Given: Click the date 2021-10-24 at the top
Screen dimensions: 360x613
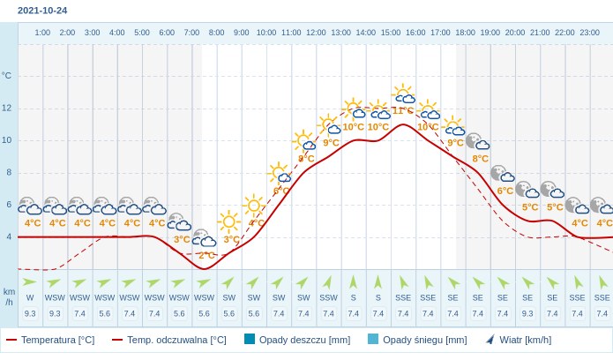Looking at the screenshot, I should tap(42, 11).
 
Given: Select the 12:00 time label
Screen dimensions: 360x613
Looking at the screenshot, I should tap(316, 33).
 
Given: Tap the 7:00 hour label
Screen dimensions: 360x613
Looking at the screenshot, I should tap(191, 33).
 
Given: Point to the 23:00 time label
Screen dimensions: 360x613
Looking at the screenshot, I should tap(589, 33).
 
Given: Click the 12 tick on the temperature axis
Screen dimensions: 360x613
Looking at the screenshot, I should tap(7, 108).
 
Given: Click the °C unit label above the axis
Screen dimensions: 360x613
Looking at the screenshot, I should tap(7, 75).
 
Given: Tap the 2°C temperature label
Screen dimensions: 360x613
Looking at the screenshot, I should tap(206, 255).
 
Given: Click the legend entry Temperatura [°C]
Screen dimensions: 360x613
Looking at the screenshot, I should tap(50, 340).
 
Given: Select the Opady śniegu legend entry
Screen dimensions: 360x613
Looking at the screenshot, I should tap(417, 340).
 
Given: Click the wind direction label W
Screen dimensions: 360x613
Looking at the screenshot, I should tap(30, 297).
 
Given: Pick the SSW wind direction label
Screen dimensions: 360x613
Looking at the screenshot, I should tap(328, 297).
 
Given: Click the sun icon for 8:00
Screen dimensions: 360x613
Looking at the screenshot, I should tap(229, 221).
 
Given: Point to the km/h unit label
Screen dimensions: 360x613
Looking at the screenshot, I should tap(9, 296).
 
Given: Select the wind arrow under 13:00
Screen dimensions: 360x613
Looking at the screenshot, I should tap(354, 281).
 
